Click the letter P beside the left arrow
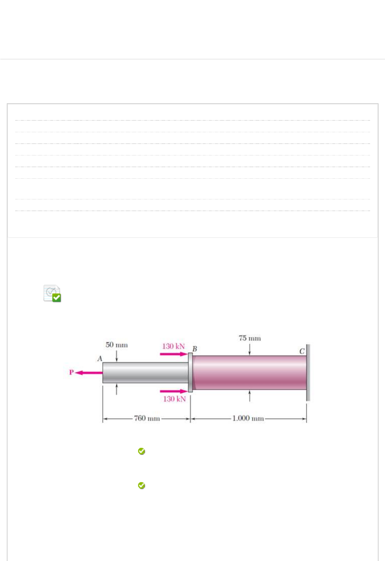(71, 372)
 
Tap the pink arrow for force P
(89, 373)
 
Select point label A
(100, 359)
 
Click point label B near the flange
(194, 349)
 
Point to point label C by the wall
(302, 351)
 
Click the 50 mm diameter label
(117, 345)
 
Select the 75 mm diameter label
(250, 338)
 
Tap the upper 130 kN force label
(173, 346)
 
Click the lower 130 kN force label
(174, 399)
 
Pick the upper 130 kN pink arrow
(174, 354)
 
